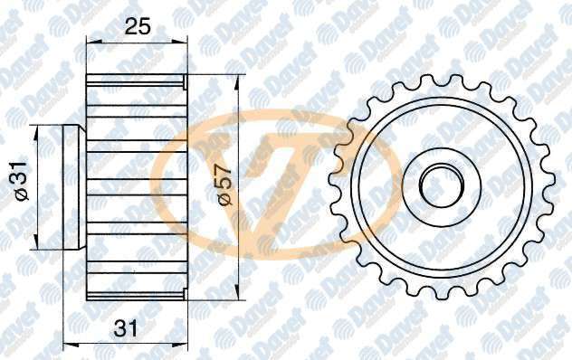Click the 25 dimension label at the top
(138, 27)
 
